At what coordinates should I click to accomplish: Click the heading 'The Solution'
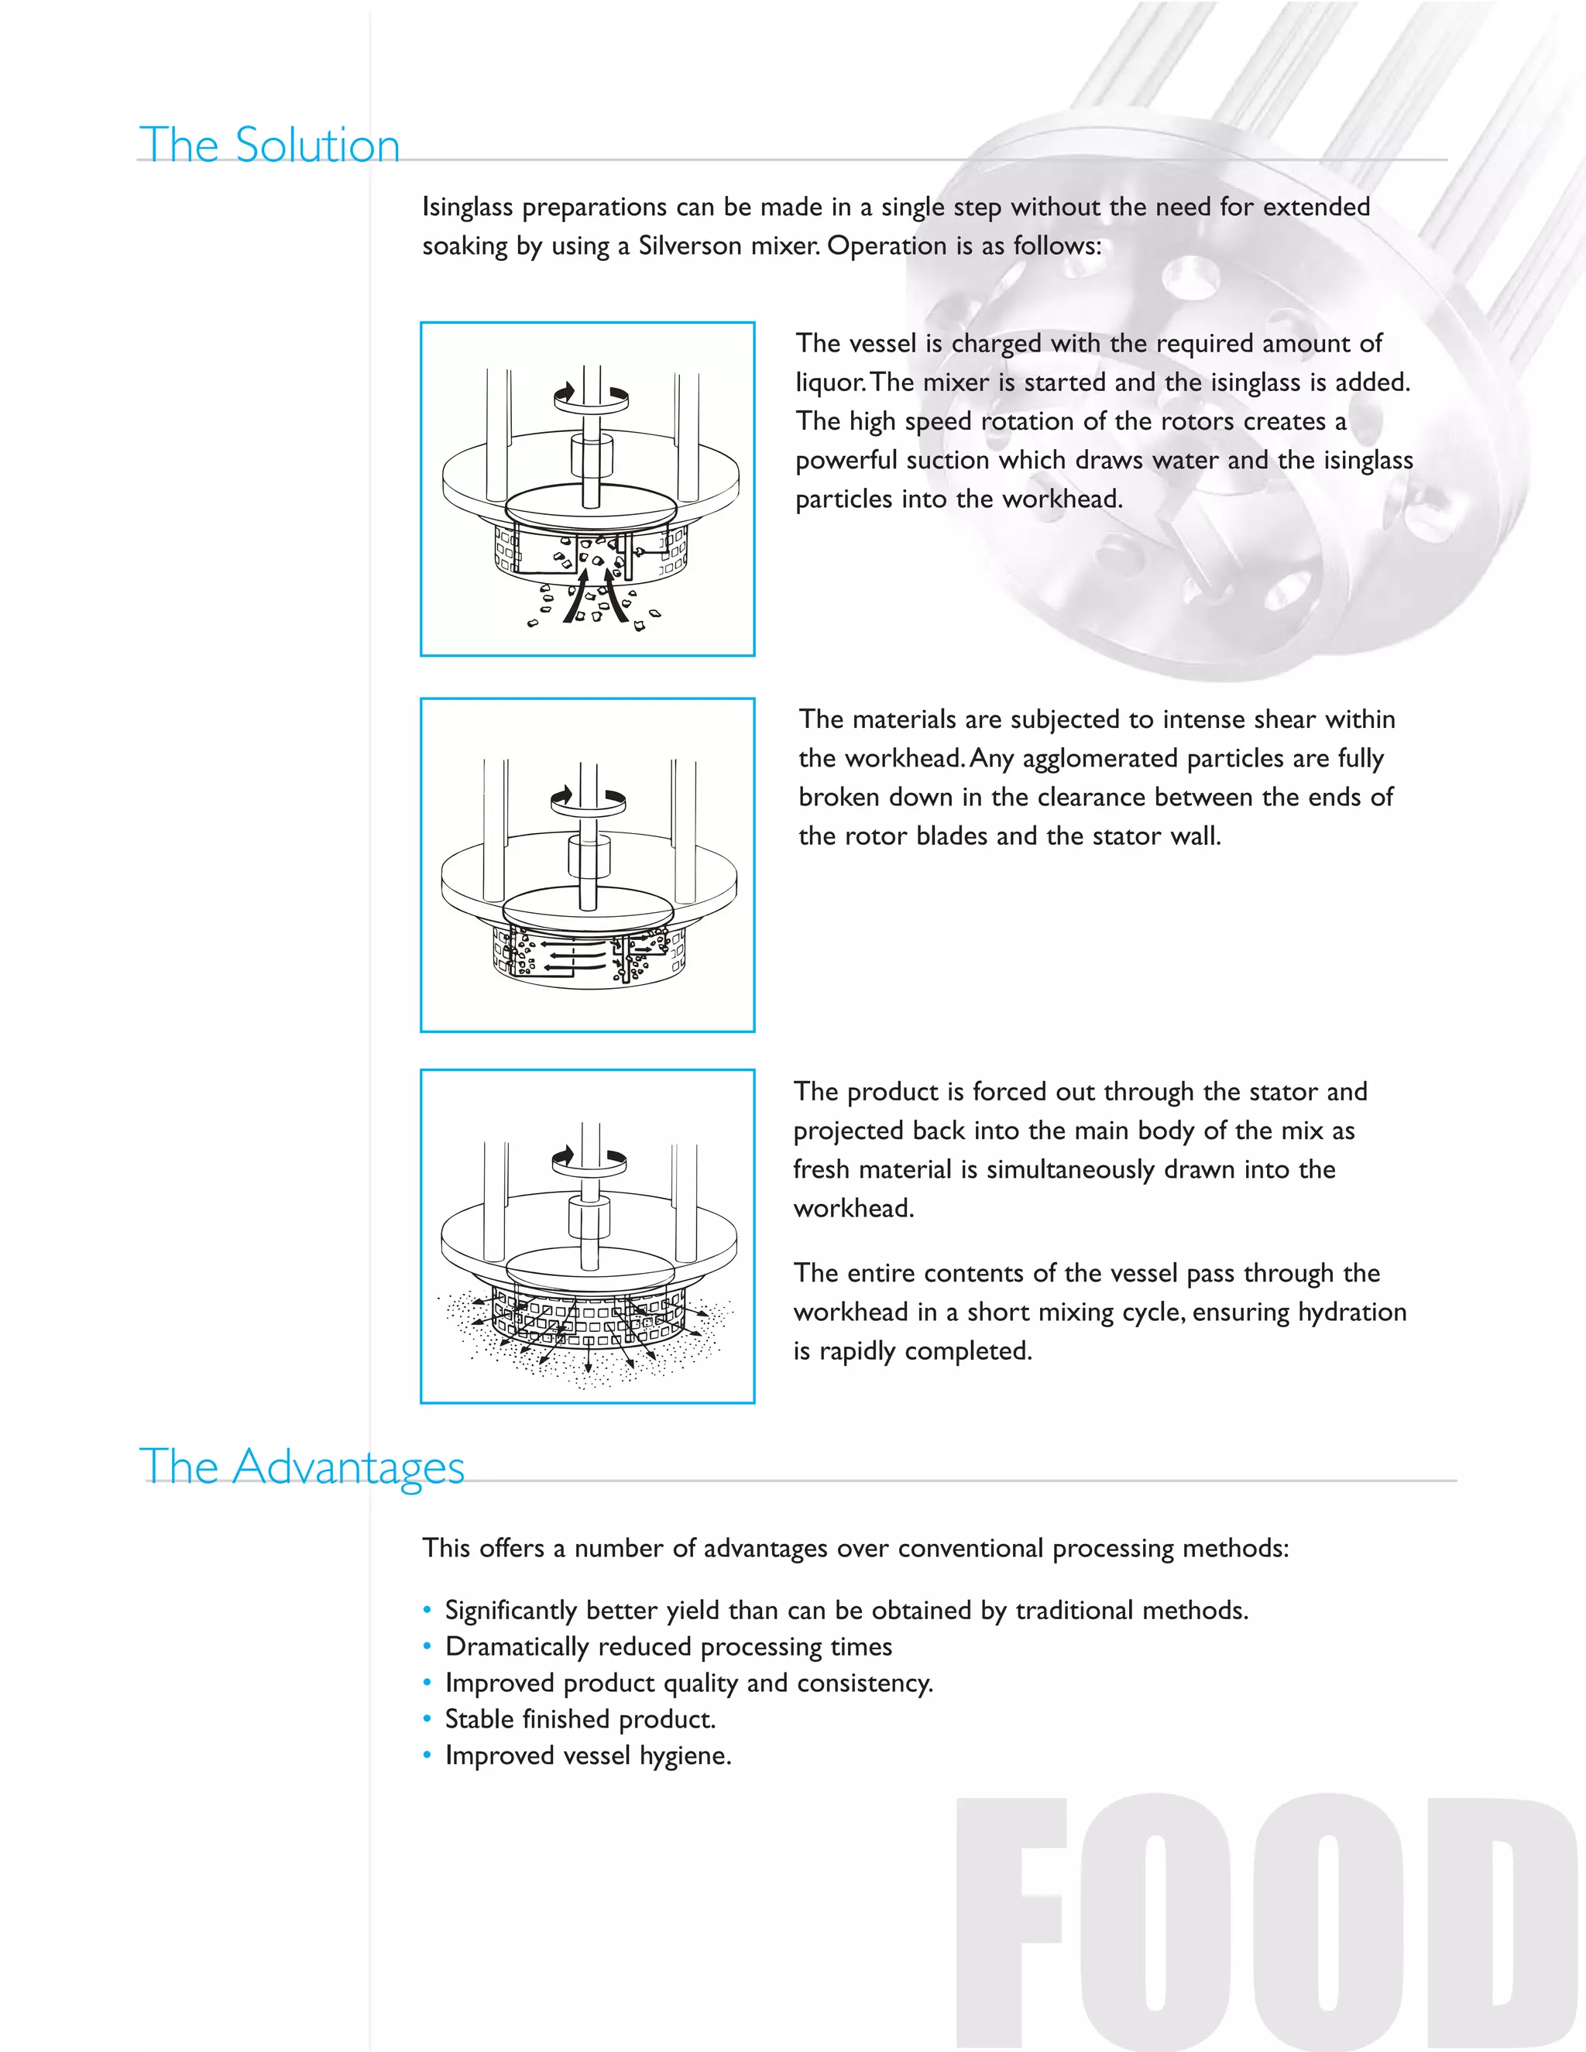click(269, 146)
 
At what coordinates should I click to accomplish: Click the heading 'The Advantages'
click(301, 1467)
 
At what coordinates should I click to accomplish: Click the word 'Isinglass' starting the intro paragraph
click(467, 207)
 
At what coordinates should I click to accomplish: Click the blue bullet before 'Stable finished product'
click(427, 1718)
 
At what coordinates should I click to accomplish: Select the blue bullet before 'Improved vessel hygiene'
click(427, 1755)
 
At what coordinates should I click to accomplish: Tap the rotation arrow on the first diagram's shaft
click(591, 396)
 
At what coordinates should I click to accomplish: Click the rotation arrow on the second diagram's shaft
click(589, 800)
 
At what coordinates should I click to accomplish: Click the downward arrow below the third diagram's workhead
click(589, 1356)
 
